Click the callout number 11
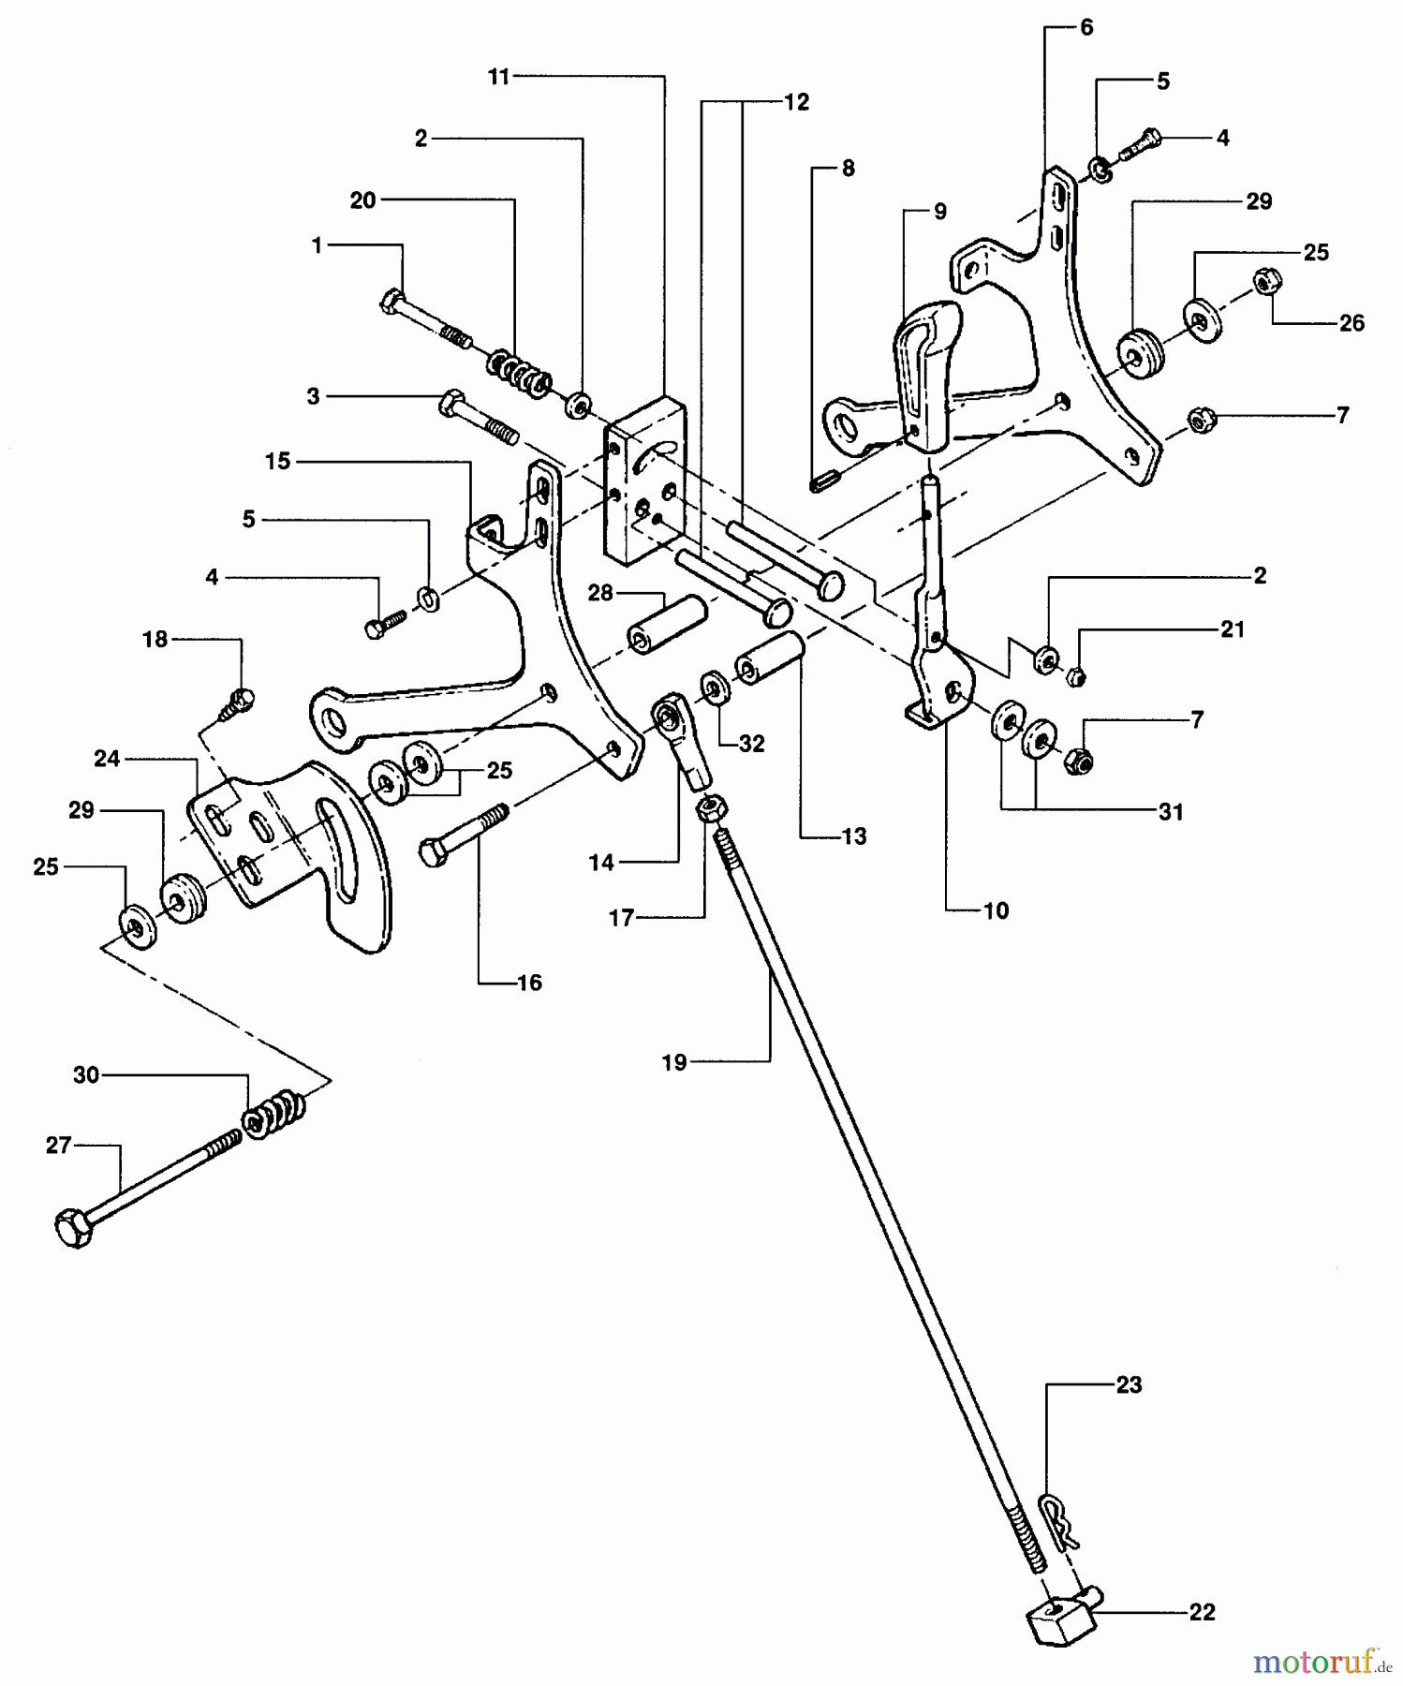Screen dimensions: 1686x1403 coord(499,77)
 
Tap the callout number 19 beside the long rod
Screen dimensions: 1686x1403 coord(674,1062)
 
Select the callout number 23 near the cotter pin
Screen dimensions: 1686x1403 coord(1129,1384)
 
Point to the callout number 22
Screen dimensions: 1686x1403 coord(1202,1612)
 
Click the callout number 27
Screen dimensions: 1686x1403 coord(59,1145)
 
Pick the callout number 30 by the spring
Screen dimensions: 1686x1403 coord(86,1075)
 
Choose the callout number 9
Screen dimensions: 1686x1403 coord(940,212)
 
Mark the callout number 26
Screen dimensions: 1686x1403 coord(1351,323)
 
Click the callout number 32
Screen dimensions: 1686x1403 coord(752,744)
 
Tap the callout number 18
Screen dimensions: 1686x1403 coord(155,639)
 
